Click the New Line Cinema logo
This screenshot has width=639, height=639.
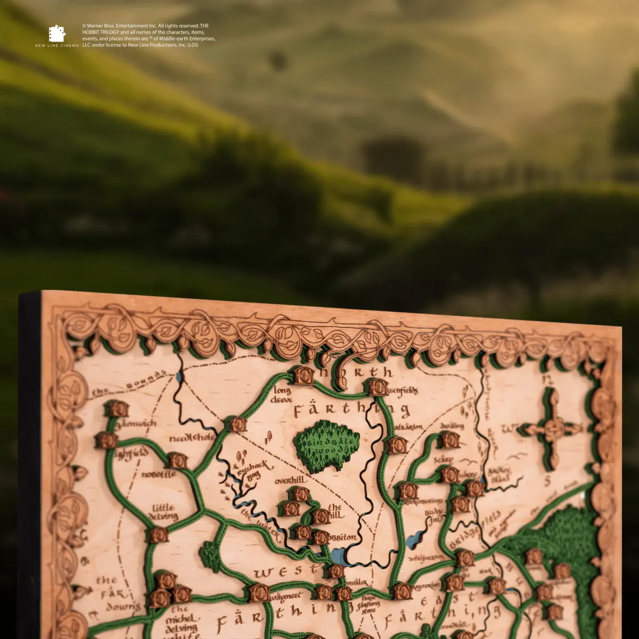[x=56, y=36]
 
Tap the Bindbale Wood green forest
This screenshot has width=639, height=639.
[x=326, y=445]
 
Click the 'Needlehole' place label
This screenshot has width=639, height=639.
[x=192, y=438]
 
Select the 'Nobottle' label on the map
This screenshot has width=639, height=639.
[x=159, y=474]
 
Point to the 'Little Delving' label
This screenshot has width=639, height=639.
[x=164, y=512]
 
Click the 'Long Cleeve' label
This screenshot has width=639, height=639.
[x=282, y=395]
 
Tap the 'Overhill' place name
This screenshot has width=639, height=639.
[x=290, y=480]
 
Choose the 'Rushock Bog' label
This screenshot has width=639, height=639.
[x=255, y=471]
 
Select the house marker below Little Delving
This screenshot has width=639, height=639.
[x=158, y=535]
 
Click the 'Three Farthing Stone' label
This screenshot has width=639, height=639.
[x=368, y=604]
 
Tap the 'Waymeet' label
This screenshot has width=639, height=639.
[x=285, y=596]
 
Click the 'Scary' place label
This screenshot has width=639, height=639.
[x=443, y=459]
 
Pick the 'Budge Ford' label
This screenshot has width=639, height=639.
[x=434, y=515]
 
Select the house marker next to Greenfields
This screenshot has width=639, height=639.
[x=378, y=387]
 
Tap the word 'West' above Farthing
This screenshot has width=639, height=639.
[x=280, y=572]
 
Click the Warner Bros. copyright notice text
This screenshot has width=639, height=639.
[x=149, y=35]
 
